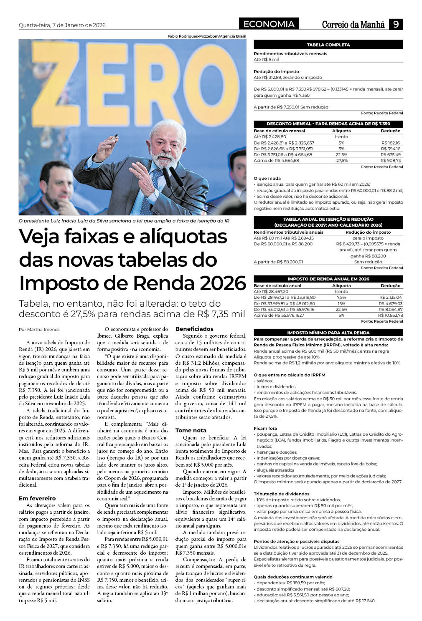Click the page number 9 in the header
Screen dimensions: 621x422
click(396, 25)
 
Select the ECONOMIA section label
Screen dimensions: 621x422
click(269, 24)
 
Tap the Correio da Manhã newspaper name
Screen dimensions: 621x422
click(353, 25)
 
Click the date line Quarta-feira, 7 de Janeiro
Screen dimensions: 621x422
click(62, 25)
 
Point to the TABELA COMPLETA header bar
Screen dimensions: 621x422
click(328, 45)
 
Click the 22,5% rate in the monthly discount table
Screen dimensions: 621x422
click(341, 154)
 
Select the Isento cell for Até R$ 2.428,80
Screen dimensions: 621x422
click(341, 136)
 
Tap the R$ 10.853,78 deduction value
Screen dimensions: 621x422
click(390, 315)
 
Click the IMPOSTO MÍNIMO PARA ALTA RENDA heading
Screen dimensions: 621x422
click(328, 333)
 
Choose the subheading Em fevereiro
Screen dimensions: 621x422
click(37, 498)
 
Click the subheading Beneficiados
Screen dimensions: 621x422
click(194, 329)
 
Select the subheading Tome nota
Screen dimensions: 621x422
click(191, 430)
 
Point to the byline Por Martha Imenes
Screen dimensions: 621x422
click(39, 329)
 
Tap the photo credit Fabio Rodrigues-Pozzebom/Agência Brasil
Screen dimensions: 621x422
click(206, 37)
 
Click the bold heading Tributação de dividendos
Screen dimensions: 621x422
click(281, 494)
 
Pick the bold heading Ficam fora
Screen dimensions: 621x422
click(265, 428)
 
